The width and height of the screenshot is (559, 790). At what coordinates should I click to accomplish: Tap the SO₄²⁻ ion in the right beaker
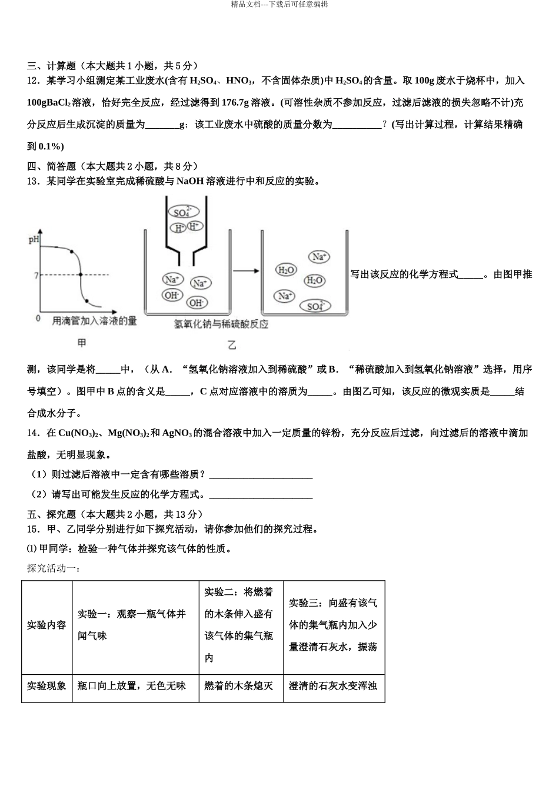315,306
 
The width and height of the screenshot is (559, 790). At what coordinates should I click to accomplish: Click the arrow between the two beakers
245,270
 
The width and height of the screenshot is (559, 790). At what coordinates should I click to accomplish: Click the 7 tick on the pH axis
36,275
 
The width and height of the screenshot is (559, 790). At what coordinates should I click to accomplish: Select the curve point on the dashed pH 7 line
81,275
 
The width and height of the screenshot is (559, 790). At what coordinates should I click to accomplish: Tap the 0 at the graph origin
38,318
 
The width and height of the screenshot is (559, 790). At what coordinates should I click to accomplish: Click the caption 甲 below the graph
82,343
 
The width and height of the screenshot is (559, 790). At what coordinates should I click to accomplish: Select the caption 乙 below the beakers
232,345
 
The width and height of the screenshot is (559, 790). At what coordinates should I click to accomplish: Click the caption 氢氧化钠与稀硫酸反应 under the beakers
221,324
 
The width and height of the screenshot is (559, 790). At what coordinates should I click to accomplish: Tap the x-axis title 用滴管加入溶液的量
94,320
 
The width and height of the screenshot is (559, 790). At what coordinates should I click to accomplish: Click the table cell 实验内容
46,625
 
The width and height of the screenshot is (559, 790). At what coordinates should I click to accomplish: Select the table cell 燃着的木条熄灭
239,686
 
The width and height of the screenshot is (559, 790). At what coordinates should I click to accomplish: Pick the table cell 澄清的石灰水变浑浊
333,686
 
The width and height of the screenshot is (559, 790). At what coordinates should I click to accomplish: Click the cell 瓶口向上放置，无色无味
132,686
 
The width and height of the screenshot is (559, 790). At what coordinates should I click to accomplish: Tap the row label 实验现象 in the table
46,686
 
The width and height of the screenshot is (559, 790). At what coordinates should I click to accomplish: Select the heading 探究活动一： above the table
53,568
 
